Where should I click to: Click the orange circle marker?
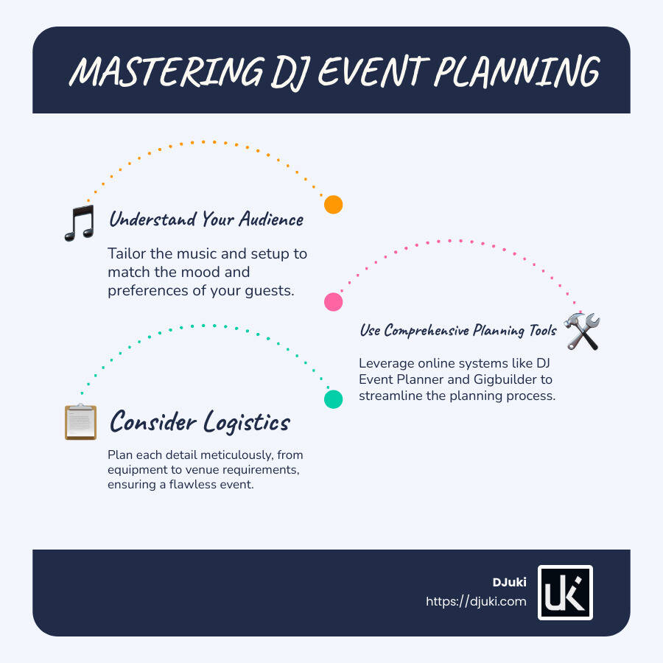(334, 205)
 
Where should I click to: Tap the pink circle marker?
(334, 301)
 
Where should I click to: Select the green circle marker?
(334, 399)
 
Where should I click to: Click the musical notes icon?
(80, 222)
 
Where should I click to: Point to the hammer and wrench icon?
(582, 331)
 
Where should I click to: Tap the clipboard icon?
(80, 423)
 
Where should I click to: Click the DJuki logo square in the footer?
(565, 592)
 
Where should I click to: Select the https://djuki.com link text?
(476, 601)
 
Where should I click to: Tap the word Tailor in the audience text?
(126, 254)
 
